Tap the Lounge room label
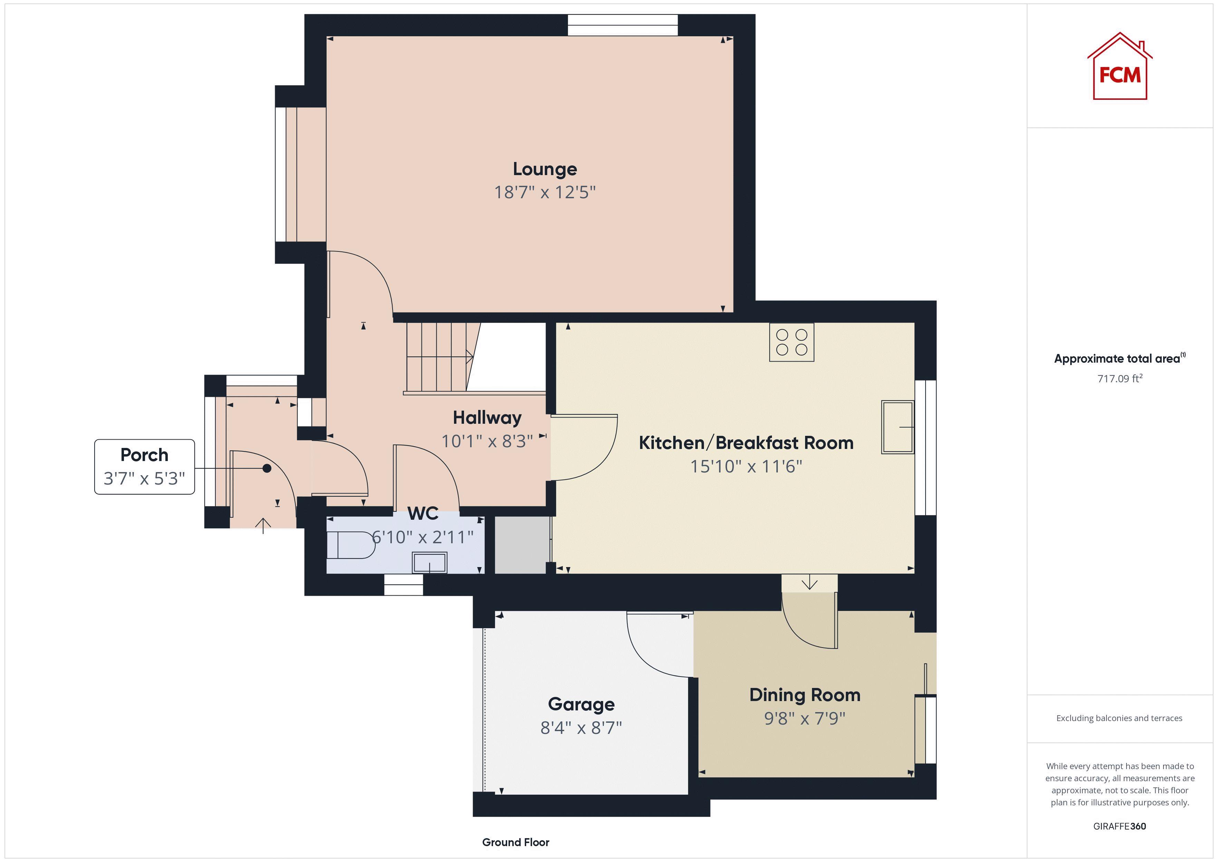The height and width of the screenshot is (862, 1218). pos(545,169)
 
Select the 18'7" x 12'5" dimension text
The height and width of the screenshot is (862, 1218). pos(545,192)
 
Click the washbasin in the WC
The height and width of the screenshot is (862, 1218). pos(430,563)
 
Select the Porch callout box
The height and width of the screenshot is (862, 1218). pos(144,467)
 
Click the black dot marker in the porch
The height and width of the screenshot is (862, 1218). pos(267,468)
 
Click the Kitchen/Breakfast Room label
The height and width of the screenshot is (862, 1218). pos(746,443)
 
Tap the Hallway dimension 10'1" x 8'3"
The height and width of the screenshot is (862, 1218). pos(487,441)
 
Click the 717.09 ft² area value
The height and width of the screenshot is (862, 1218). pos(1119,379)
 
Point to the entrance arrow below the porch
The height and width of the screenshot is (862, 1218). pos(263,526)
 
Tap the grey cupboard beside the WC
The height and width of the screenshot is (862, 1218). pos(520,545)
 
